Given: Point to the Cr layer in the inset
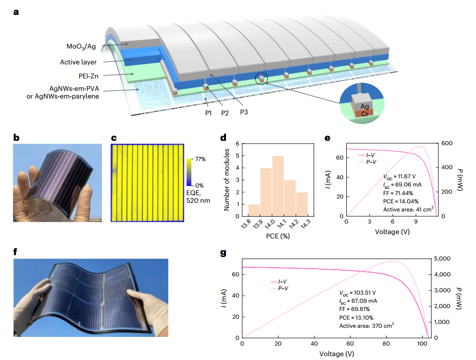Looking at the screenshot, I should [364, 113].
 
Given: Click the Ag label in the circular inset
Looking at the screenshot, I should [364, 106].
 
